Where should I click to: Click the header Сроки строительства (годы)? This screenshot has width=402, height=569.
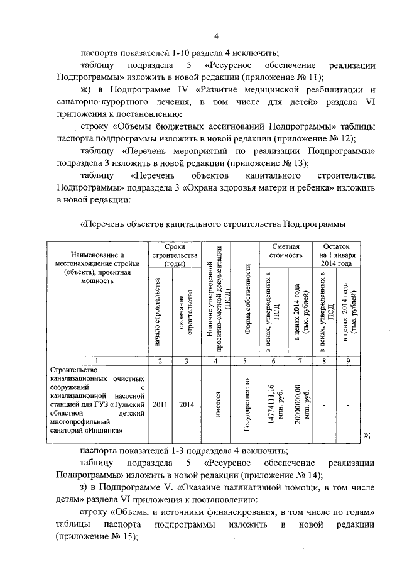(173, 255)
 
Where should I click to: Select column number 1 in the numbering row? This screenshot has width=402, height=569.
(96, 361)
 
